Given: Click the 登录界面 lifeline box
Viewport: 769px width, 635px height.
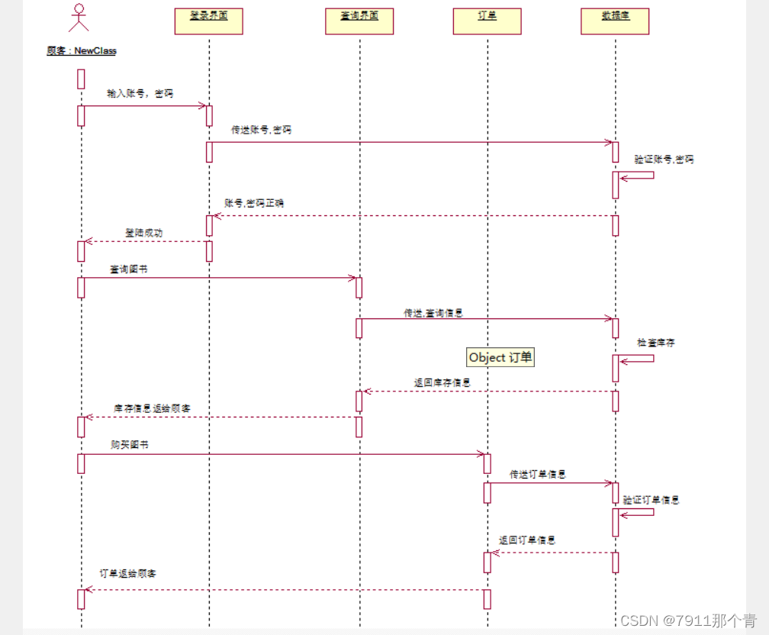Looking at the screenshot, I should [x=208, y=21].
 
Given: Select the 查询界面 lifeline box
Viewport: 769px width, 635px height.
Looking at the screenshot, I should [x=359, y=21].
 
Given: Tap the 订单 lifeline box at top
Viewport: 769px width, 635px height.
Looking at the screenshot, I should [x=487, y=21].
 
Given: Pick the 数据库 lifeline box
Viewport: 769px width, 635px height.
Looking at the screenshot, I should [x=615, y=21].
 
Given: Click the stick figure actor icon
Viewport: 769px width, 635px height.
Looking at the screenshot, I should [x=79, y=18].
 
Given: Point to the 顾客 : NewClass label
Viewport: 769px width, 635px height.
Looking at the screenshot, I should [x=82, y=51].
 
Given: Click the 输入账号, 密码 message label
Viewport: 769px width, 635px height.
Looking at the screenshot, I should [x=140, y=94].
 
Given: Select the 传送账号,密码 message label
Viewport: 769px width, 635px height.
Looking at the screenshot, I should [x=261, y=131].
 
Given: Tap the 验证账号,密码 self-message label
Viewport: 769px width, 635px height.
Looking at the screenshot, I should [x=664, y=160].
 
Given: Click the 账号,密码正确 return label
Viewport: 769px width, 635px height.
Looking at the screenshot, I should [x=254, y=204].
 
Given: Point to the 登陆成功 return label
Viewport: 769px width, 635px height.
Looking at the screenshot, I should [x=143, y=232].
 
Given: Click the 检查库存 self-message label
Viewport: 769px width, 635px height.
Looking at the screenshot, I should [x=656, y=343].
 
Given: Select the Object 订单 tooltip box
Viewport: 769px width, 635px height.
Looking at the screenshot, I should [x=500, y=357].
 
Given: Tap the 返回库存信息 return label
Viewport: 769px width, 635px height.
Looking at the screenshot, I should [x=442, y=382].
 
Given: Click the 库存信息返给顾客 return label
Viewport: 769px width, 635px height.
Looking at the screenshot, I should [x=152, y=408].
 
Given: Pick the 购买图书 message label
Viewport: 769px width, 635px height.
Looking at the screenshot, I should [x=124, y=444].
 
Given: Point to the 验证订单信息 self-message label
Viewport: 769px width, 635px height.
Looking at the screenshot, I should [x=651, y=500].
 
